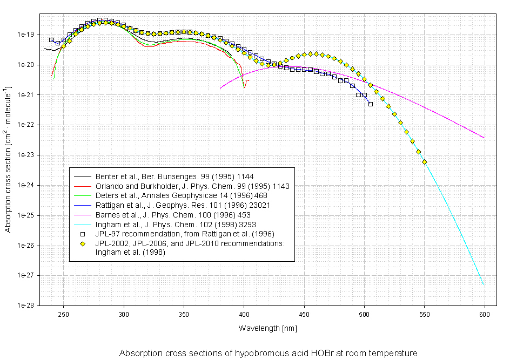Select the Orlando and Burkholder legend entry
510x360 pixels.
coord(192,186)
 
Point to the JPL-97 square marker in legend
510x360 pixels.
coord(83,234)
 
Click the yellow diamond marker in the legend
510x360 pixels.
coord(83,244)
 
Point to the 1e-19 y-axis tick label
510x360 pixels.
coord(26,35)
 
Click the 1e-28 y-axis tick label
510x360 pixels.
coord(26,305)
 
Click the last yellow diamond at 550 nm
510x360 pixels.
coord(425,162)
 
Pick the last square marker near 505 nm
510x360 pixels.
coord(371,104)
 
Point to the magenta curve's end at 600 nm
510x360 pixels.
coord(484,138)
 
